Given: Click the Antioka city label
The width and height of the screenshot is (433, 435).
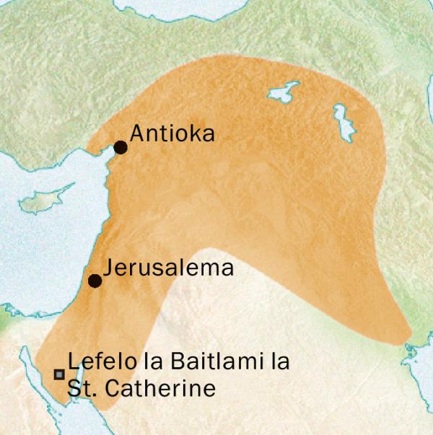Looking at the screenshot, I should coord(172,134).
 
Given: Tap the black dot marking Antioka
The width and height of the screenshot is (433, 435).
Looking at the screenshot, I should coord(121,148).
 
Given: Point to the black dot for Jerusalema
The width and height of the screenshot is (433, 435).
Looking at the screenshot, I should coord(95,281).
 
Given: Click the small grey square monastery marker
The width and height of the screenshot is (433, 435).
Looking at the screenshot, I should coord(59,374).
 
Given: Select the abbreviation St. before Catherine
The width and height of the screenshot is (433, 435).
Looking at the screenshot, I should coord(81,389).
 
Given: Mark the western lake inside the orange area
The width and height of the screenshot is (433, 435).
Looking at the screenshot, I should coord(283,92).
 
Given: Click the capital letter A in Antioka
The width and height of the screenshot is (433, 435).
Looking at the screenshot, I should coord(137,134).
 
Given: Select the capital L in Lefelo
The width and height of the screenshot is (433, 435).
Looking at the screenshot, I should coord(72,363).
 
